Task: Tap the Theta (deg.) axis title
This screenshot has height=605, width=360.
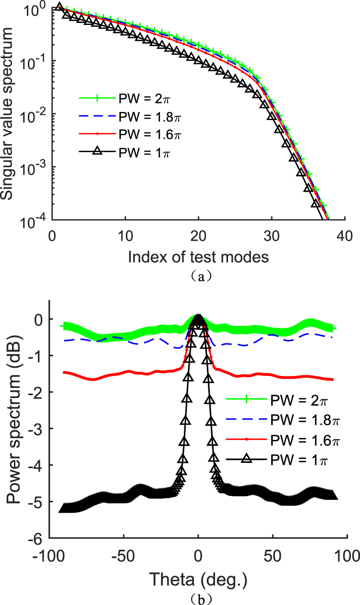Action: (x=198, y=581)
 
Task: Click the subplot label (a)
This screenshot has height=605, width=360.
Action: (x=198, y=276)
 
